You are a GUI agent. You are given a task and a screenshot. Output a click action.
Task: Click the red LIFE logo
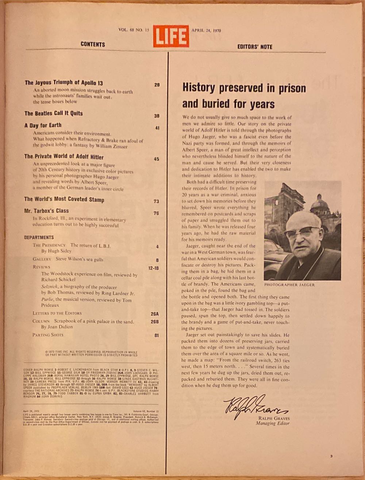(x=170, y=36)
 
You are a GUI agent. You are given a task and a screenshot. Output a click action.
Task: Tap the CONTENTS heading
(x=93, y=44)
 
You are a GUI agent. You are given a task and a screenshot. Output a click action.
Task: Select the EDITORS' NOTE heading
(x=255, y=47)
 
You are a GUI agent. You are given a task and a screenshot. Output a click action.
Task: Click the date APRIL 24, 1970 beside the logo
(x=206, y=31)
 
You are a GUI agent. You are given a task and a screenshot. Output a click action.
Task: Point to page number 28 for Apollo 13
(x=157, y=85)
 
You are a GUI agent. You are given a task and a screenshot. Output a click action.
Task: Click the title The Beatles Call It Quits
(x=54, y=113)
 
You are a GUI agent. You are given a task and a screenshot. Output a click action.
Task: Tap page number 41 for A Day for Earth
(x=157, y=128)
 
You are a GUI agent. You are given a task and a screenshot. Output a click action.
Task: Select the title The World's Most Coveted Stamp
(x=64, y=199)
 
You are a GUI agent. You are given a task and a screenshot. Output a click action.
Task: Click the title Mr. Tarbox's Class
(x=46, y=211)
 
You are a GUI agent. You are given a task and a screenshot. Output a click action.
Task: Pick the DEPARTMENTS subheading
(x=39, y=237)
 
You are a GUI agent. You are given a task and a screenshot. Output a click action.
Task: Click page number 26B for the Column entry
(x=154, y=322)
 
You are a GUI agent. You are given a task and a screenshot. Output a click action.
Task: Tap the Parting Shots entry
(x=48, y=335)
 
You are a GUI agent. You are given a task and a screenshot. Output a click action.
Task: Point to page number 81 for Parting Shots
(x=157, y=335)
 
